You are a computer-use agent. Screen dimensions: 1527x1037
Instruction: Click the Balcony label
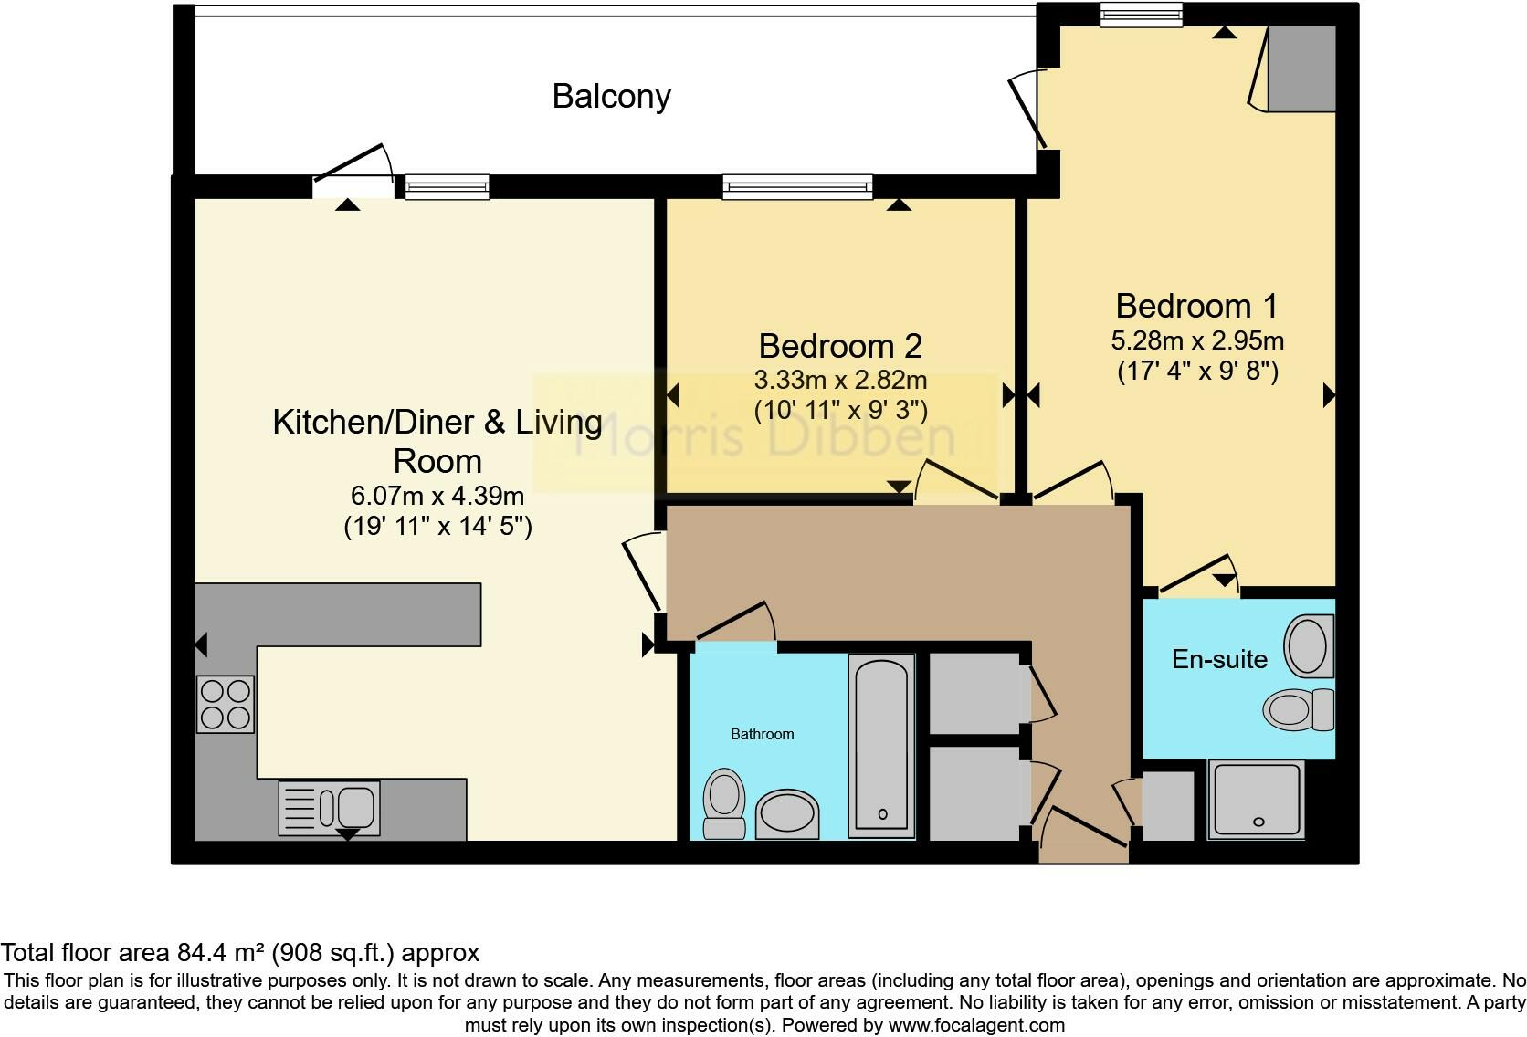[x=612, y=97]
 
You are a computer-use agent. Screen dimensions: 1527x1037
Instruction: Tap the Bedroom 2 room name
[x=840, y=346]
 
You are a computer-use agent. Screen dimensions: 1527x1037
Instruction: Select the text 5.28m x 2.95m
[x=1197, y=340]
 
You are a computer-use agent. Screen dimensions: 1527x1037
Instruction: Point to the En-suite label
[x=1219, y=659]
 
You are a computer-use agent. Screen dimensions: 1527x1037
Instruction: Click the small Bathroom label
[x=763, y=735]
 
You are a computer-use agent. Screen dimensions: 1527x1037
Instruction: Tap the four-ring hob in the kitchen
[x=226, y=705]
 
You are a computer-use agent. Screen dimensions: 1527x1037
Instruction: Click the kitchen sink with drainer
[x=330, y=808]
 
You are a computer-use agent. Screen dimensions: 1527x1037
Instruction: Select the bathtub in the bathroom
[x=881, y=747]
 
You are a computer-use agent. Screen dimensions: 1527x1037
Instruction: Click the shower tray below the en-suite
[x=1257, y=800]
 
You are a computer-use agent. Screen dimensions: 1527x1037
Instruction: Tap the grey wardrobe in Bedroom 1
[x=1301, y=68]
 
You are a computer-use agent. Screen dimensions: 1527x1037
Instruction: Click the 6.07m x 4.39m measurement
[x=437, y=496]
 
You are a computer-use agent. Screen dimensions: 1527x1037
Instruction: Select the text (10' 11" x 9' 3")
[x=840, y=410]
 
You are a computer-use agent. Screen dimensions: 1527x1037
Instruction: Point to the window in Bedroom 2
[x=797, y=187]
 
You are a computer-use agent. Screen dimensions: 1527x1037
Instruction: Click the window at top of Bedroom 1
[x=1141, y=15]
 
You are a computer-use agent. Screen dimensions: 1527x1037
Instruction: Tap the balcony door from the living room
[x=353, y=172]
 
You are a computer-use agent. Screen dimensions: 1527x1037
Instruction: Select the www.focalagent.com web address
[x=976, y=1025]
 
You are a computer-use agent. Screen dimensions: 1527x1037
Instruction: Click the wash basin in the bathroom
[x=787, y=814]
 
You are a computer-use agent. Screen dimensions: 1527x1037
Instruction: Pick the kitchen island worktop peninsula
[x=338, y=614]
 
